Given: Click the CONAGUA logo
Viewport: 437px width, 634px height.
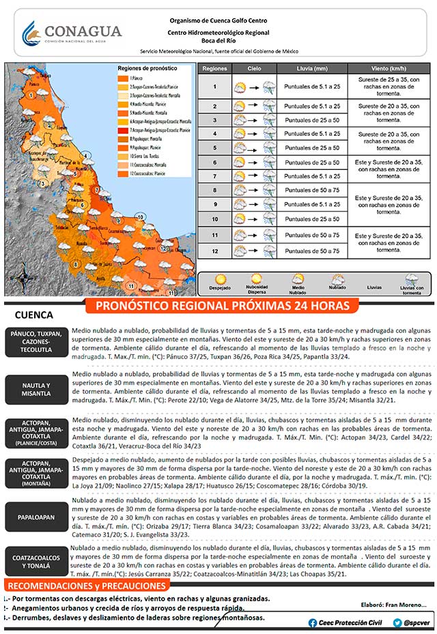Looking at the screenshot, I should point(72,32).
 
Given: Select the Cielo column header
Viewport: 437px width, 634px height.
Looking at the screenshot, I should point(254,69).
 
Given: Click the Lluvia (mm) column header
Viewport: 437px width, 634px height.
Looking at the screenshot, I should point(311,69).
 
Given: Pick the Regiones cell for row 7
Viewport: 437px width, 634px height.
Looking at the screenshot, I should point(214,175).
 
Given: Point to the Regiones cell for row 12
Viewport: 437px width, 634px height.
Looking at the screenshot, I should point(214,251).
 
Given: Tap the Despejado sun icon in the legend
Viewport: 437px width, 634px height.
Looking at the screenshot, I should point(221,278).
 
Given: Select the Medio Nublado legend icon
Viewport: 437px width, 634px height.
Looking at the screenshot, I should point(298,278).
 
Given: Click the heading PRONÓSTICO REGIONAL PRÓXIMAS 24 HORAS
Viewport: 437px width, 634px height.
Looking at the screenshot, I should point(223,305).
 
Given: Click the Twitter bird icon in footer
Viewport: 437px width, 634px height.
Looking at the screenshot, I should point(397,622).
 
